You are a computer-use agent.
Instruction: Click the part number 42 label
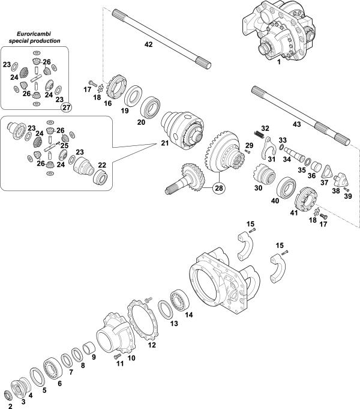tap(149, 44)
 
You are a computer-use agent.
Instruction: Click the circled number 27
tap(67, 107)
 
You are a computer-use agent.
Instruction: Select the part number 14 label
tap(188, 314)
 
